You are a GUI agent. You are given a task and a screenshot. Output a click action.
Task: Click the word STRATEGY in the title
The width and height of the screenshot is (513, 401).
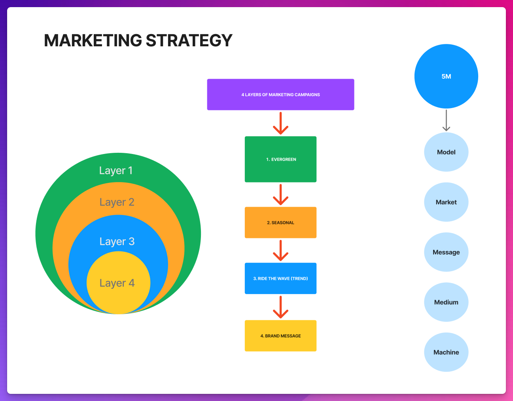(189, 40)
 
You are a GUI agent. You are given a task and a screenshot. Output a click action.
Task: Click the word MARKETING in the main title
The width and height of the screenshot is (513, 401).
(93, 40)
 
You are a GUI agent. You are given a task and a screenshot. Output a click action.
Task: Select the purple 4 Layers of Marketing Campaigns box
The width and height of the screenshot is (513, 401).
(280, 95)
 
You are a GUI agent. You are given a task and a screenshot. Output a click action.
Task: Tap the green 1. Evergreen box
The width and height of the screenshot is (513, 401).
(280, 159)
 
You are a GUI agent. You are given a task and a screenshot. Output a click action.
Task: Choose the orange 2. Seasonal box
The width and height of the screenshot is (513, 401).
(280, 222)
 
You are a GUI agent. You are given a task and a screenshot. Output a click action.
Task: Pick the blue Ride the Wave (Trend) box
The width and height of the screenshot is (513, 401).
(280, 278)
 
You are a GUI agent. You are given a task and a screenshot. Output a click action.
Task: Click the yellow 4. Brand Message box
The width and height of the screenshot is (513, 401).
(280, 336)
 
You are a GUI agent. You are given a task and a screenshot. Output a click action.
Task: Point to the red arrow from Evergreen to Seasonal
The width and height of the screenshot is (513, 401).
(280, 194)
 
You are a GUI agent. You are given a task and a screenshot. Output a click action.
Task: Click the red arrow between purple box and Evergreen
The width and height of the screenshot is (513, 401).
(280, 123)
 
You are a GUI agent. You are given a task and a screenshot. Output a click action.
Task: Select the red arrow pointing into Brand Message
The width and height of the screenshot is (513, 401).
(280, 307)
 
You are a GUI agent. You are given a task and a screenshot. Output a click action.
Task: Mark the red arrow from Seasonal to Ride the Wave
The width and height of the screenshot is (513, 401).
(280, 250)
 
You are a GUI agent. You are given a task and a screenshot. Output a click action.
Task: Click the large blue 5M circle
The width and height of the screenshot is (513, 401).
(446, 76)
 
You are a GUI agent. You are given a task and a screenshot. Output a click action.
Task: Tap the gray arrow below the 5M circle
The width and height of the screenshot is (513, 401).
(446, 120)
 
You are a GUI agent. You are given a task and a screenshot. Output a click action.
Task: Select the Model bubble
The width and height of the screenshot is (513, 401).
(446, 152)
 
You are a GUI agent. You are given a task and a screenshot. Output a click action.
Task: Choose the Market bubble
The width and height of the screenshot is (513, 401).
(446, 202)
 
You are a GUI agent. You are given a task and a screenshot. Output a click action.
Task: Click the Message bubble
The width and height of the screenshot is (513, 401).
(446, 252)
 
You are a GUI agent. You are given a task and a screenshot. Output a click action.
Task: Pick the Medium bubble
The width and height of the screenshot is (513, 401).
(446, 302)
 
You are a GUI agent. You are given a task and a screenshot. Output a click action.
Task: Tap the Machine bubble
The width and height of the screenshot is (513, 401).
(446, 352)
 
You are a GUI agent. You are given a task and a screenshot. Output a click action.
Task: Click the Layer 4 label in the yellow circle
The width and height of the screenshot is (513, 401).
(117, 283)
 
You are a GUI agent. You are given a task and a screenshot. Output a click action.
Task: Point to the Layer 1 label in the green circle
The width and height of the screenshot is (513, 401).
(116, 171)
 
